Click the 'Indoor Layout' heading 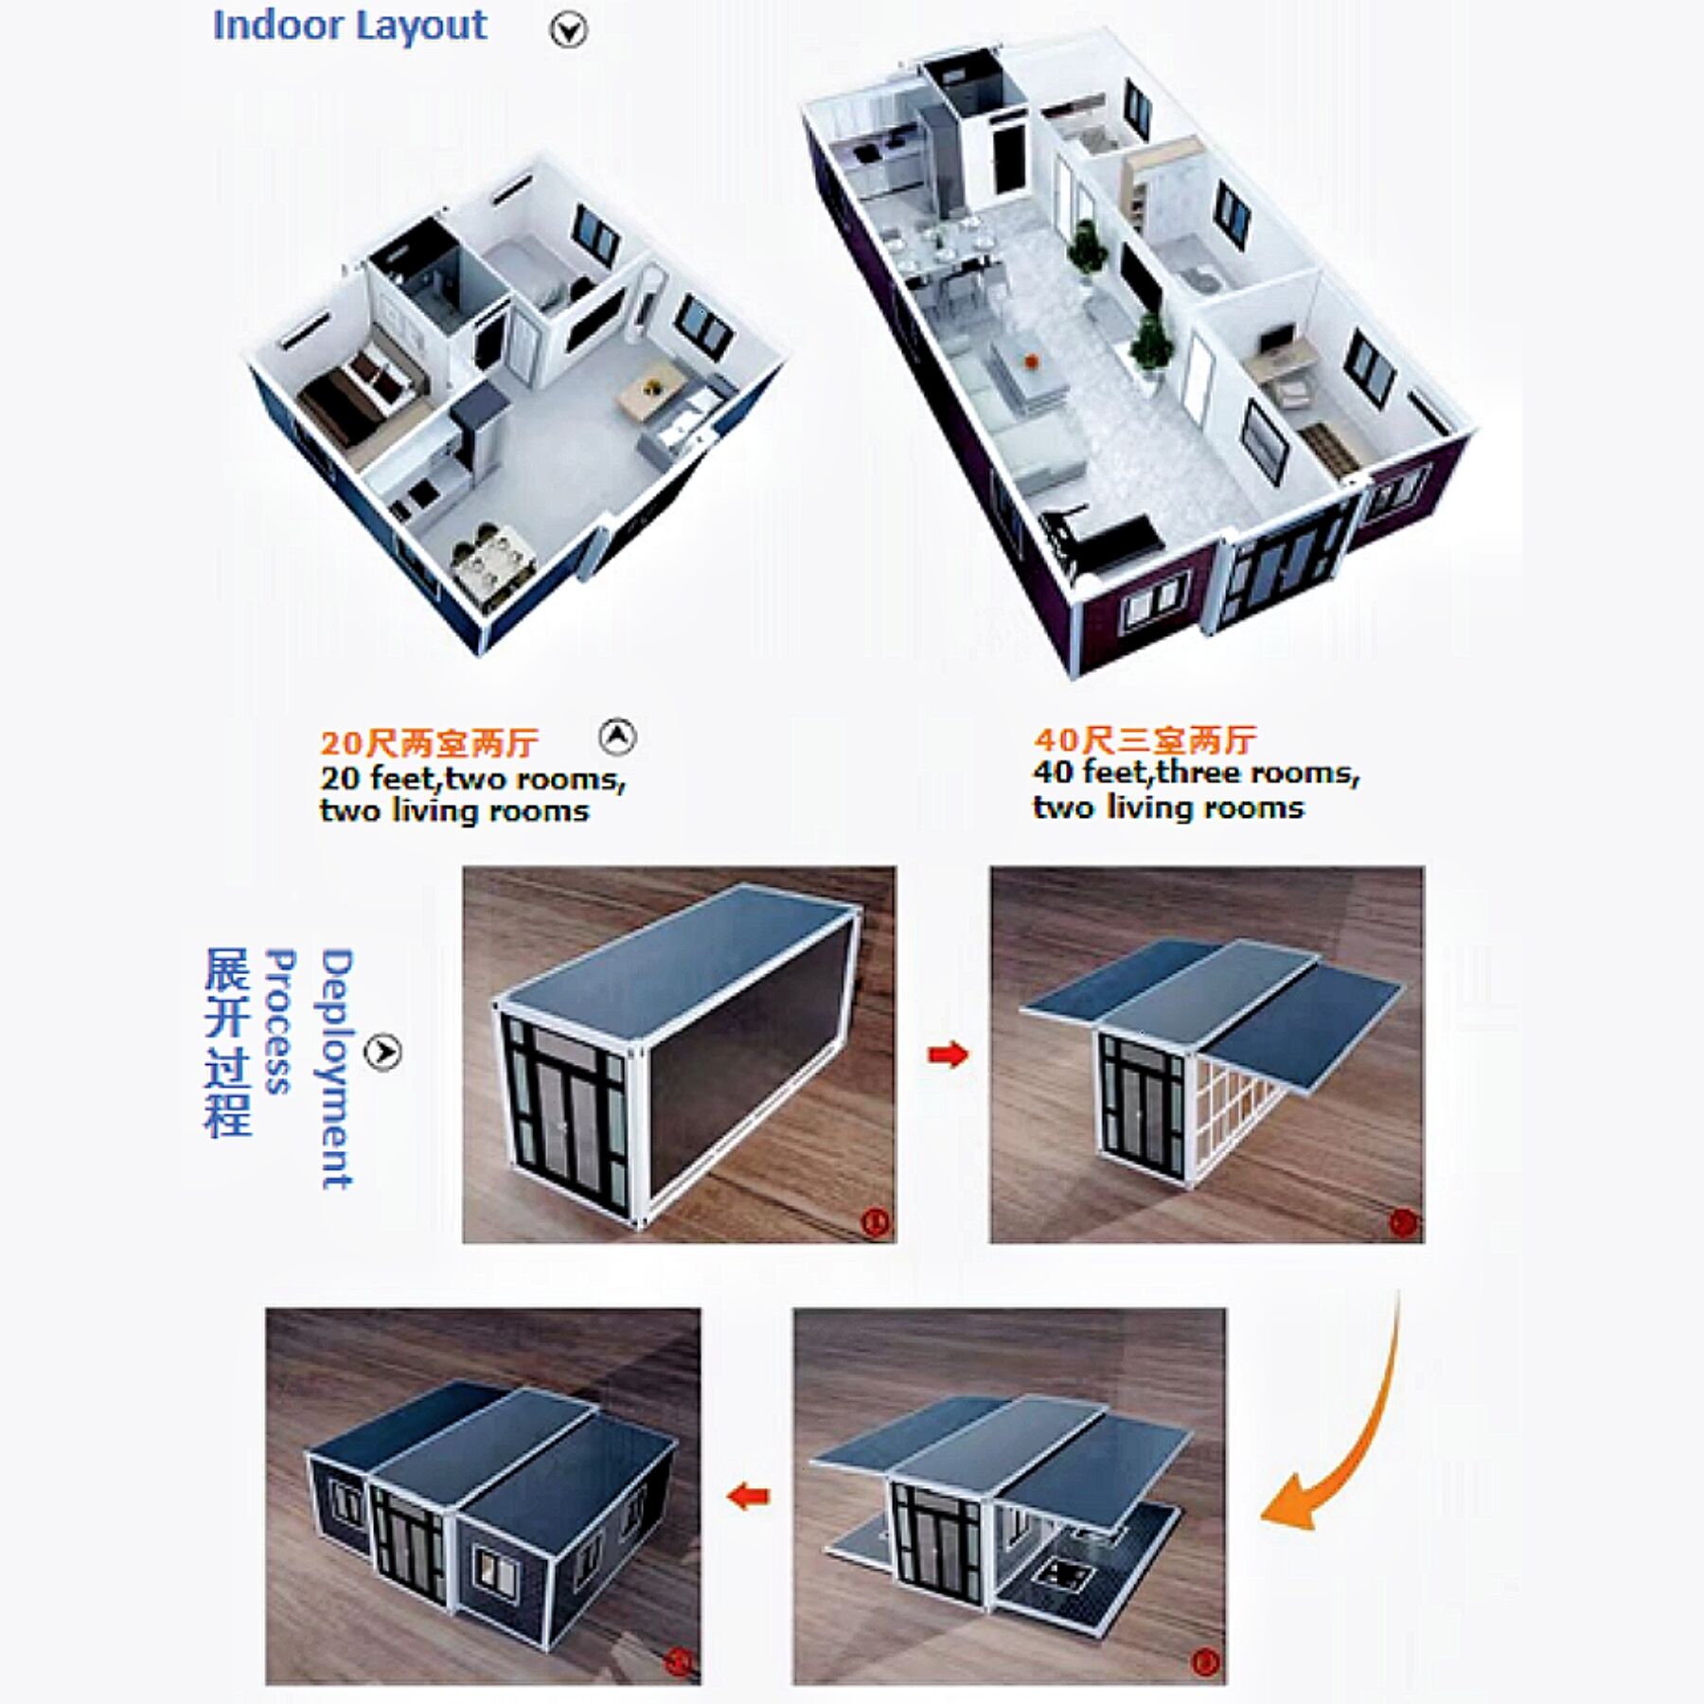[x=349, y=26]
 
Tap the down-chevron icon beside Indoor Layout [x=568, y=31]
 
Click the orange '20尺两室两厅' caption [x=428, y=743]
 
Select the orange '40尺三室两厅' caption [x=1145, y=739]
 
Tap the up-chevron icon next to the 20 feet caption [x=617, y=737]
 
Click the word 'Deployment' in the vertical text [x=336, y=1069]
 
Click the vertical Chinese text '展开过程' [x=228, y=1041]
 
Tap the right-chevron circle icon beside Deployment [x=382, y=1052]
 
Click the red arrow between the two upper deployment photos [x=948, y=1054]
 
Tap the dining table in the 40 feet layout [x=937, y=248]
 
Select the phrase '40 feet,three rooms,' [x=1196, y=773]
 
